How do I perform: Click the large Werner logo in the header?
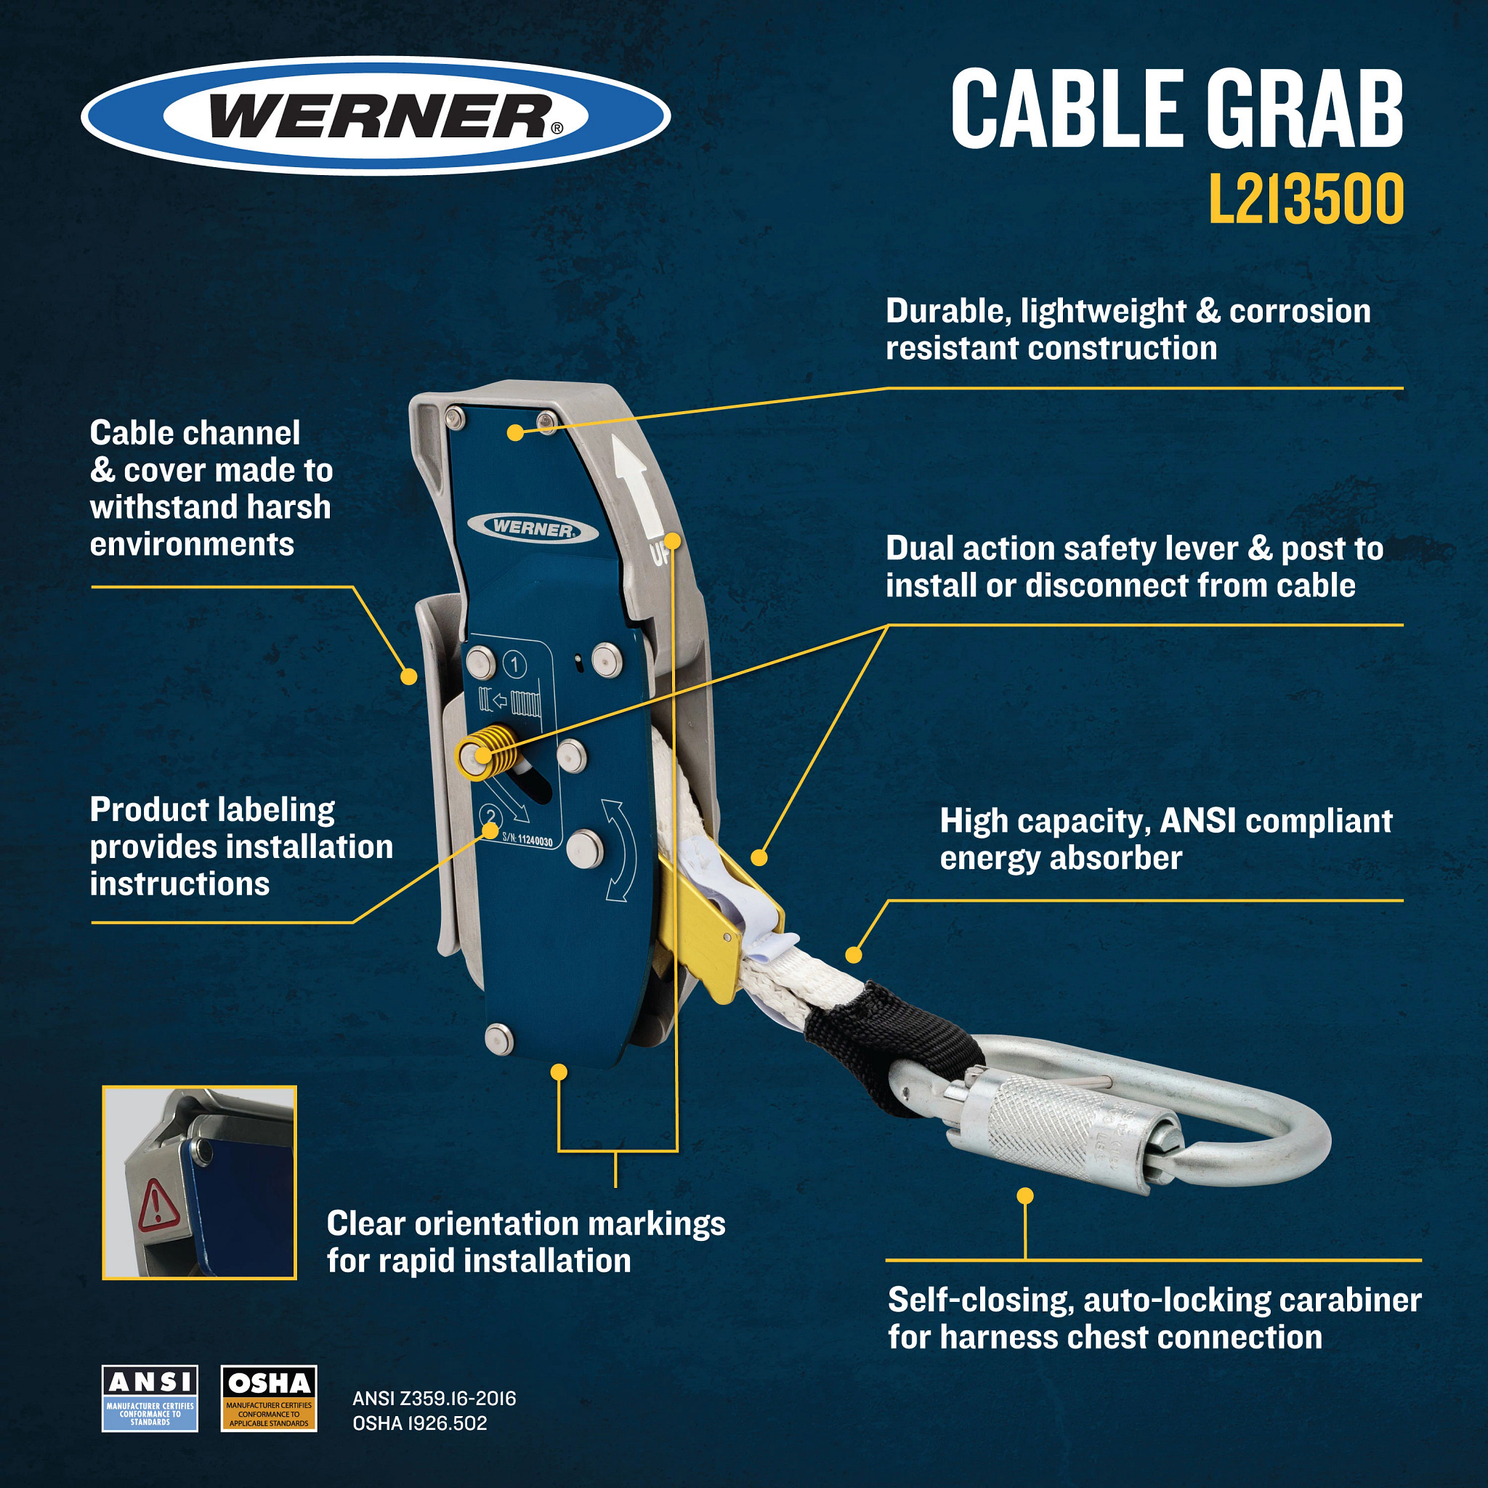(x=375, y=116)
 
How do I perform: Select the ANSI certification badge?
(x=150, y=1398)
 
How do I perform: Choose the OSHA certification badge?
(x=269, y=1398)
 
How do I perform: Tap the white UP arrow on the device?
(x=632, y=482)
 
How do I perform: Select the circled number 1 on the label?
(x=514, y=664)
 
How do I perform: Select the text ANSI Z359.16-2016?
(x=434, y=1398)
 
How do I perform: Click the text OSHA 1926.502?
(x=420, y=1423)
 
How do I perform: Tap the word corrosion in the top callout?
(x=1299, y=311)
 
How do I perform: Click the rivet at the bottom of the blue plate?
(x=498, y=1038)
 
